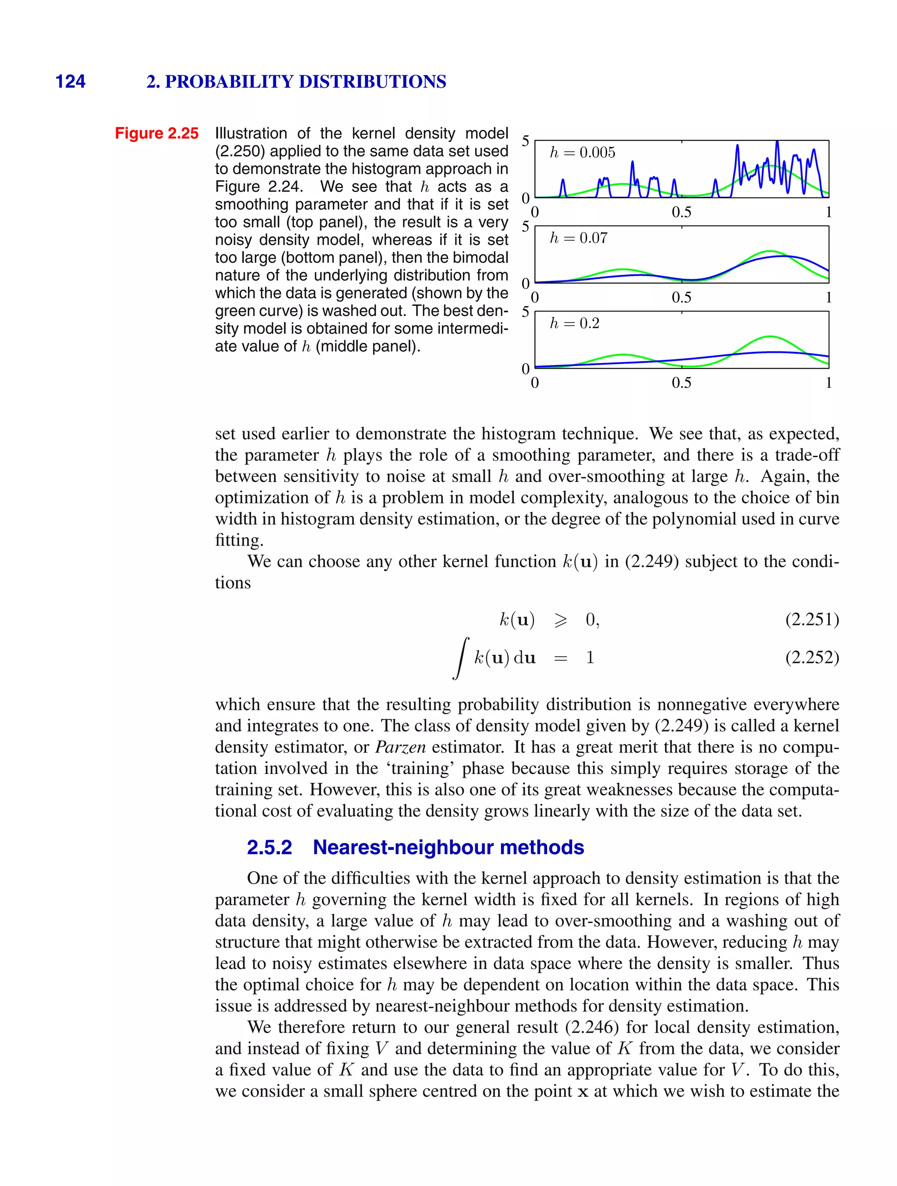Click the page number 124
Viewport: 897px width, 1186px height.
click(70, 82)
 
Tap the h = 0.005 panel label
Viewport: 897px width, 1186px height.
click(582, 153)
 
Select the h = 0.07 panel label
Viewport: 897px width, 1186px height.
click(578, 238)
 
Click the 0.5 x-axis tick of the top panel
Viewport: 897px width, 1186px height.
click(681, 212)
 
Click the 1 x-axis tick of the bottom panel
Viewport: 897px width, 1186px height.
click(828, 383)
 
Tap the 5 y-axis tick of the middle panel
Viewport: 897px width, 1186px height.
click(525, 227)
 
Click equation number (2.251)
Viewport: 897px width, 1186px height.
click(812, 620)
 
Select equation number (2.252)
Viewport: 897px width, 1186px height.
click(812, 657)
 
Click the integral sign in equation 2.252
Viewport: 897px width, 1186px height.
click(461, 658)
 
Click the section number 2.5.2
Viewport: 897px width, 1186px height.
click(269, 847)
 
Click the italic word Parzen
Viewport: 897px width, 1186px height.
click(400, 747)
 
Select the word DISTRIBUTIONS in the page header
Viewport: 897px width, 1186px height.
click(372, 82)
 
